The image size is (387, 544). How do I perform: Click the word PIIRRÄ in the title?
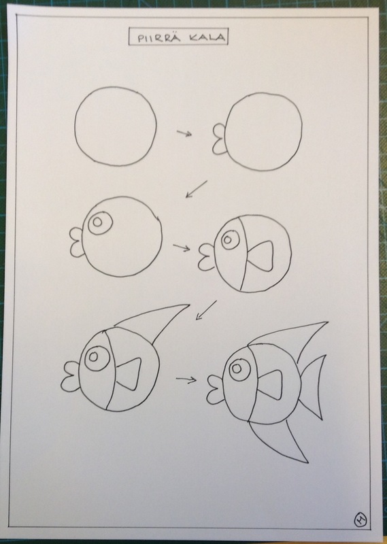pos(159,37)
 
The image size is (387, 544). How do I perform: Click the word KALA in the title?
pos(207,37)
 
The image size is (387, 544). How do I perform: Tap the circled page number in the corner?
pos(360,520)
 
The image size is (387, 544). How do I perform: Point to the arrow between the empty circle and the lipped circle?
pos(184,133)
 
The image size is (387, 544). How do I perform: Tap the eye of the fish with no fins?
pos(100,222)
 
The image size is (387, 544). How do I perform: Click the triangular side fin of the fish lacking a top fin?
pos(260,257)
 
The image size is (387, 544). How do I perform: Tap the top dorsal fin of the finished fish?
pos(288,335)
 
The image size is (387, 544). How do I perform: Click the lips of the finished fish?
pos(215,389)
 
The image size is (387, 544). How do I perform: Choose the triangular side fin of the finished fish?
pos(273,384)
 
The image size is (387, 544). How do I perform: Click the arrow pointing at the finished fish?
pos(186,379)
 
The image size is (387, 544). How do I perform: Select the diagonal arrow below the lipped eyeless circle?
pos(197,189)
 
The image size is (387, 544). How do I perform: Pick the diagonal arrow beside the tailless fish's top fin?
pos(206,310)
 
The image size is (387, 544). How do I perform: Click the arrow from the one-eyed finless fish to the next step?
pos(182,248)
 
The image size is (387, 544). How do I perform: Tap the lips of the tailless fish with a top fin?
pos(70,377)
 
